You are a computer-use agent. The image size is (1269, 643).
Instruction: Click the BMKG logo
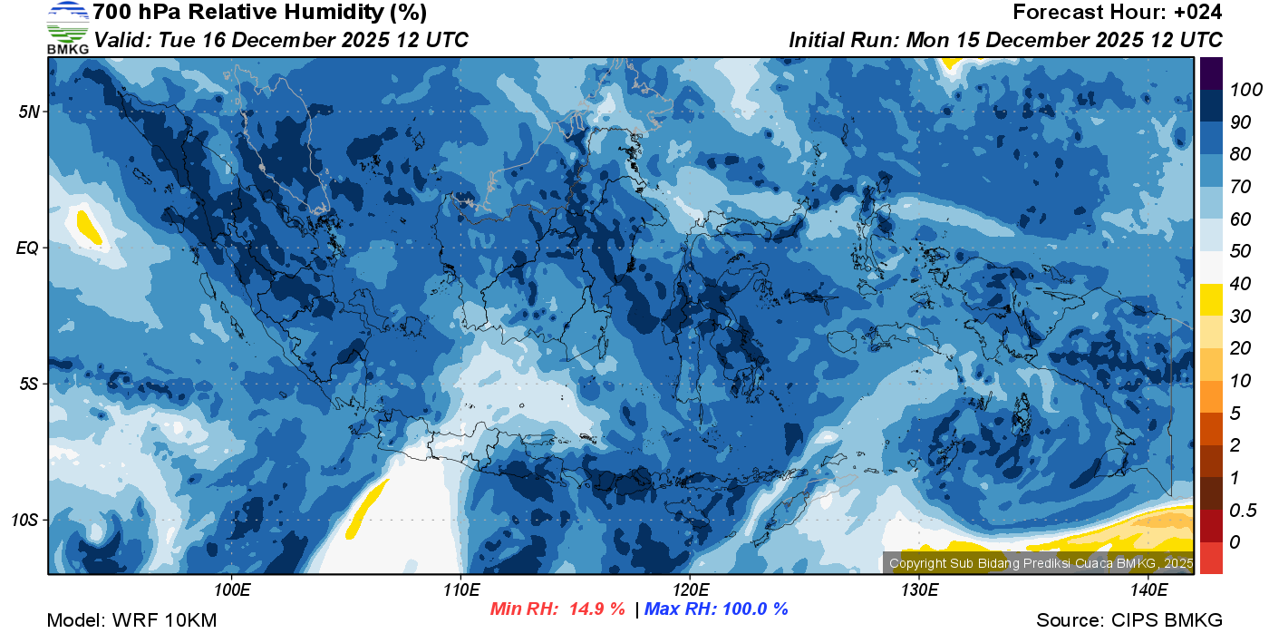67,27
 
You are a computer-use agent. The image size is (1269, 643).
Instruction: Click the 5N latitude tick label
29,112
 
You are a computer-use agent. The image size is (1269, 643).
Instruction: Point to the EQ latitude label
28,248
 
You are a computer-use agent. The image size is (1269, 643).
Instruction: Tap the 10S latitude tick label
25,520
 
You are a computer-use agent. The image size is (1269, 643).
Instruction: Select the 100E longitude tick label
232,589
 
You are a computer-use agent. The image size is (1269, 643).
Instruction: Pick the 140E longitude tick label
1148,589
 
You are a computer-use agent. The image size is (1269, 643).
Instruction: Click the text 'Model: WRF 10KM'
131,621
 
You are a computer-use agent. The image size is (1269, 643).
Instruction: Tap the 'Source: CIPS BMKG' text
1129,621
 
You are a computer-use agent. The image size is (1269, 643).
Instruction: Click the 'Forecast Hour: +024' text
1118,13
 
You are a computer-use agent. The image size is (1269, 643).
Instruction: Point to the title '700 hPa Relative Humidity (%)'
259,13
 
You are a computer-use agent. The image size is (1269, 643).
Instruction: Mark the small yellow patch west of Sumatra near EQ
89,227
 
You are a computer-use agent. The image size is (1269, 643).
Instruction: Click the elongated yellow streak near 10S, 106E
368,508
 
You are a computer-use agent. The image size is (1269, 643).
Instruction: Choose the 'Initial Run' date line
1005,40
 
